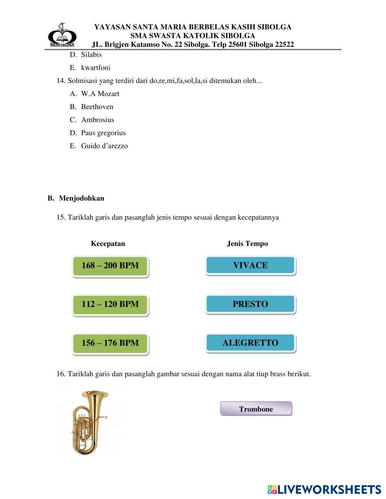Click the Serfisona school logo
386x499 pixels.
tap(62, 35)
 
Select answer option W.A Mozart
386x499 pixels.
tap(100, 94)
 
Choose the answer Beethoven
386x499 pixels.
tap(97, 107)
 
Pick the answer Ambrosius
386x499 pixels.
tap(97, 120)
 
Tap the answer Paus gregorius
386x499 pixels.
tap(103, 133)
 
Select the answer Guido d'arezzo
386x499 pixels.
tap(104, 146)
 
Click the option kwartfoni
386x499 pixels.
tap(95, 68)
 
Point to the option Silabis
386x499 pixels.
tap(91, 55)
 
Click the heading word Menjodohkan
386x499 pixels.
tap(81, 198)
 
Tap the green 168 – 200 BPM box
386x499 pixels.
tap(110, 266)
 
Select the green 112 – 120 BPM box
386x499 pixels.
tap(110, 304)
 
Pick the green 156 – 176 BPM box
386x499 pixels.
tap(110, 343)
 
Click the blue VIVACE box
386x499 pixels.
tap(251, 265)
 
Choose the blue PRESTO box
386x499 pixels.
tap(251, 304)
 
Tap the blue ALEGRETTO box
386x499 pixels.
tap(251, 342)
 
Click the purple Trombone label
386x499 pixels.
tap(256, 409)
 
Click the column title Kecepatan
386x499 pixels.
tap(108, 244)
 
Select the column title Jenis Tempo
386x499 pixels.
tap(247, 244)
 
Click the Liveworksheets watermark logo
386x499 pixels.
tap(324, 489)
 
